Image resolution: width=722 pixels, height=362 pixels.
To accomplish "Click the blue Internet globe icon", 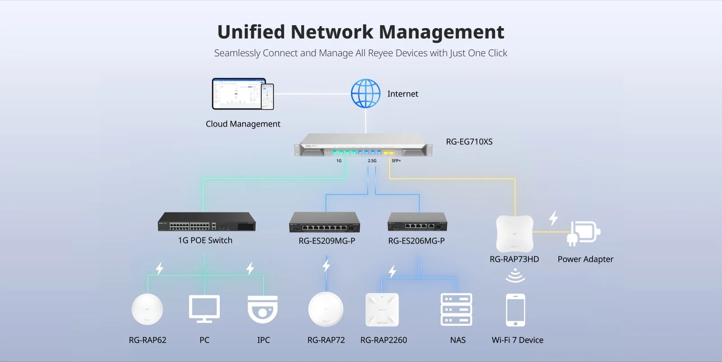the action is point(366,94).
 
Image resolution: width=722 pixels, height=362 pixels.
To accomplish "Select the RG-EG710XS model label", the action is point(469,142).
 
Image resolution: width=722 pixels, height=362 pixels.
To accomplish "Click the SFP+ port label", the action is point(396,160).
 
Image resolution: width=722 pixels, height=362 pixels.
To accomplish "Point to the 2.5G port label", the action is point(372,160).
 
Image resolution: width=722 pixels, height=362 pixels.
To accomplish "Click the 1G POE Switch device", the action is point(207,221).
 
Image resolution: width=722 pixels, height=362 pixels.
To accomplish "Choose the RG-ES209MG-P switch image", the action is point(324,222).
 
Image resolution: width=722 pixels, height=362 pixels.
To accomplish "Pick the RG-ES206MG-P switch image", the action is point(417,222).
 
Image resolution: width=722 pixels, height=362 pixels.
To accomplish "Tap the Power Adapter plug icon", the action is point(584,233).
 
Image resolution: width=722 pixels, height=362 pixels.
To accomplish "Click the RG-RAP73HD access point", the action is point(515,234).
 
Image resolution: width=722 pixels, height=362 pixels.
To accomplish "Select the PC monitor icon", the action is point(204,309).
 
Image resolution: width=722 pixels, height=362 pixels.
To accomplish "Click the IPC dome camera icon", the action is point(263,310).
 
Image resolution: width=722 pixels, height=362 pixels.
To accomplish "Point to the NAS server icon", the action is point(456,310).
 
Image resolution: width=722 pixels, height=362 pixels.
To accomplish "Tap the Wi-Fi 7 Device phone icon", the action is point(515,310).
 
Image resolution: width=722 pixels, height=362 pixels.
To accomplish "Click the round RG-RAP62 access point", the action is point(147,309).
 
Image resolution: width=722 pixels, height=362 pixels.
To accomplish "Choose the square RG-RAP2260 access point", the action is point(382,310).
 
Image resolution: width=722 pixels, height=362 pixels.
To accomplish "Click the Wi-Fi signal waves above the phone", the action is point(515,276).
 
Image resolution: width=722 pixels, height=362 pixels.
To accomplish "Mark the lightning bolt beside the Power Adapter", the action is point(554,218).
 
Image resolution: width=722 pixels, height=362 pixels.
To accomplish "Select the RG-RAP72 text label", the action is point(326,340).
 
